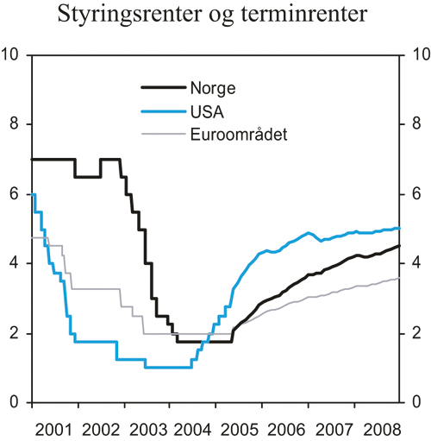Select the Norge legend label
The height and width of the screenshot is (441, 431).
(213, 87)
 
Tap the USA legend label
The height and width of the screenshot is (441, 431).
(208, 110)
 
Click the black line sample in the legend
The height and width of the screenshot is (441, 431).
(163, 87)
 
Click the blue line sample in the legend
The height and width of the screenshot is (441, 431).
(163, 110)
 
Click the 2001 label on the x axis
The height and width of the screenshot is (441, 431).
(53, 428)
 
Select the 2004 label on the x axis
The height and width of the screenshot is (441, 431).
(192, 428)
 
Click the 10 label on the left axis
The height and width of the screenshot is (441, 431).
(11, 55)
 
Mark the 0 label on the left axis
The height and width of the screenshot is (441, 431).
(15, 403)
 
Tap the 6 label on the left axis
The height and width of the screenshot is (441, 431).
(15, 195)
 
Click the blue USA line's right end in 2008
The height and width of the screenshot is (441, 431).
(399, 228)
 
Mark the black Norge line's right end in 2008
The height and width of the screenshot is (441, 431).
(399, 246)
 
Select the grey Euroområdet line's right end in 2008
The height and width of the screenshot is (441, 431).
(399, 278)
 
